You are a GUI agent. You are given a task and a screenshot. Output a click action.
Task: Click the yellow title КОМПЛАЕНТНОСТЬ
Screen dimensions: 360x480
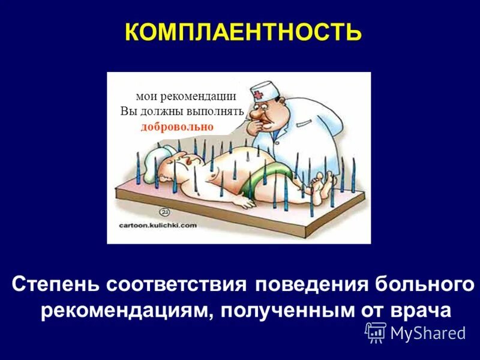pyautogui.click(x=243, y=32)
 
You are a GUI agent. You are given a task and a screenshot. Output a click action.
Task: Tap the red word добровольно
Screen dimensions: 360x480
pyautogui.click(x=178, y=127)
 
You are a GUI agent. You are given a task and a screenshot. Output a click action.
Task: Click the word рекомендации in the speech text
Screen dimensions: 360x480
pyautogui.click(x=201, y=97)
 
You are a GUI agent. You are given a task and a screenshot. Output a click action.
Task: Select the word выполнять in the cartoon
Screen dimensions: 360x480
pyautogui.click(x=216, y=112)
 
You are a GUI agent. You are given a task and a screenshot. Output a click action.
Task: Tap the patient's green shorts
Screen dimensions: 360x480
pyautogui.click(x=270, y=176)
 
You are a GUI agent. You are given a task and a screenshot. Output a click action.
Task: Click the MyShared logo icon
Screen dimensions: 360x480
pyautogui.click(x=376, y=331)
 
